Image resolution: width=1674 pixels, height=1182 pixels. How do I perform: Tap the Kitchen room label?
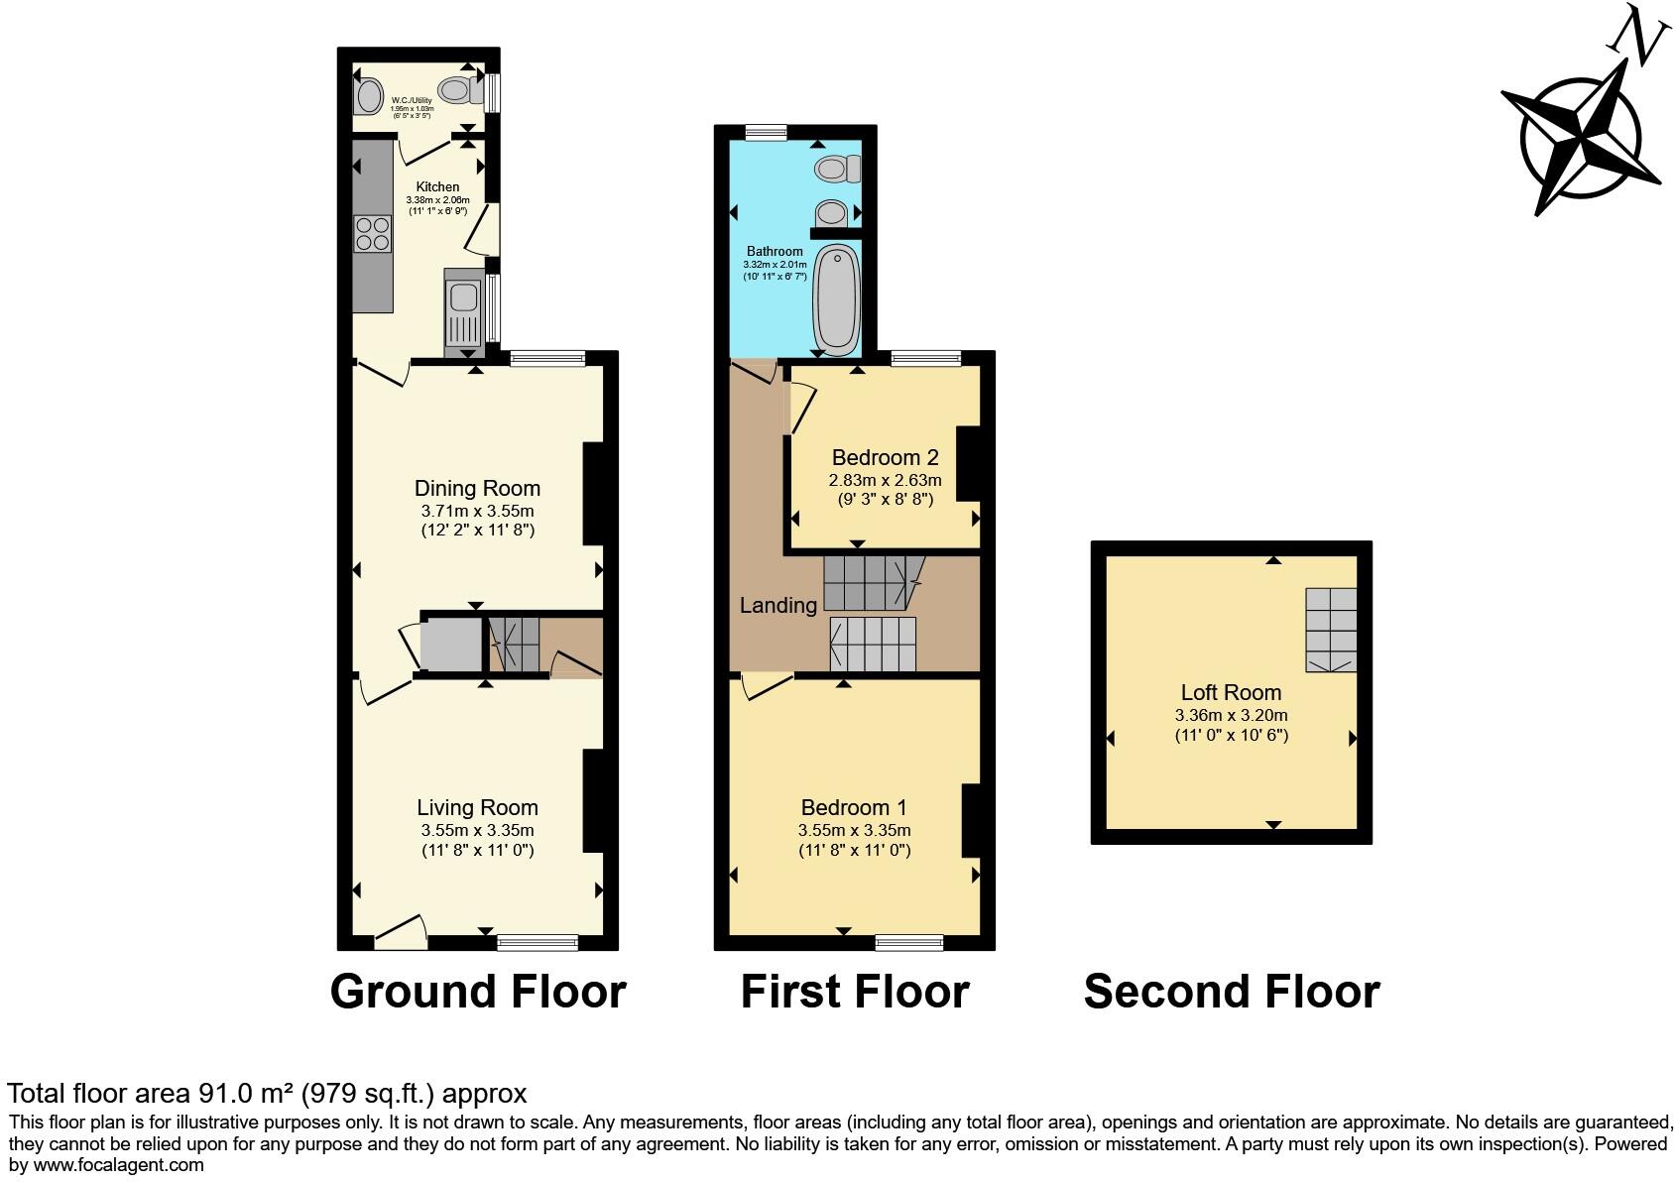437,186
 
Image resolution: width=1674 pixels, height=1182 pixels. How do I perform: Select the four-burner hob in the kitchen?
373,233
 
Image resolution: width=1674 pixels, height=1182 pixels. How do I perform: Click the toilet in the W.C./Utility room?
458,90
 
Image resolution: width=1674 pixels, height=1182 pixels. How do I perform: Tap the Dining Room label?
477,488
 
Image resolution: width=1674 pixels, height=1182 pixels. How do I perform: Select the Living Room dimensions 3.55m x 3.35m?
477,830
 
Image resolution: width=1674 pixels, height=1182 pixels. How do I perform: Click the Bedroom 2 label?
885,457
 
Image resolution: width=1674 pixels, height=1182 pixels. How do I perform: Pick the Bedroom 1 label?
854,807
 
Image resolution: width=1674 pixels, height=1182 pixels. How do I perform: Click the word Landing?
778,605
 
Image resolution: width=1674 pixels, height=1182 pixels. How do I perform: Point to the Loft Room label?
1231,692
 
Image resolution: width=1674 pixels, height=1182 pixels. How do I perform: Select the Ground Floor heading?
477,991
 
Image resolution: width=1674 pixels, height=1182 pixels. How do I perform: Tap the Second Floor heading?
1231,991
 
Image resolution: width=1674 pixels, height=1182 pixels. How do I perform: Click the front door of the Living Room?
401,934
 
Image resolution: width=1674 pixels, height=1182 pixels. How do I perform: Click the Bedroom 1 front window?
909,942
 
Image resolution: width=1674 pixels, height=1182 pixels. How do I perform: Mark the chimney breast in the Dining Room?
593,493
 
